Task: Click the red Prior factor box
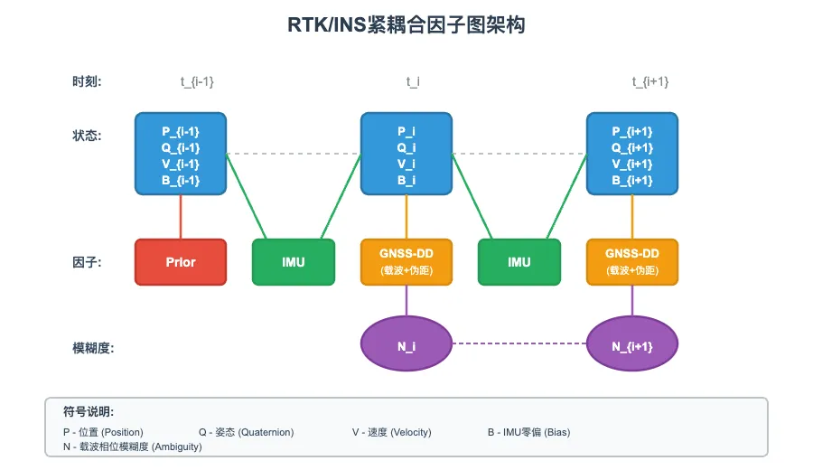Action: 181,262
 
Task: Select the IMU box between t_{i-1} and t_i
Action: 294,262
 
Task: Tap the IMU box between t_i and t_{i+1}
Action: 519,262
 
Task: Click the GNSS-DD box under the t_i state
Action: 406,262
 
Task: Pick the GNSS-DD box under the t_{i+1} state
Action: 632,262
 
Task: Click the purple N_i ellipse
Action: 406,344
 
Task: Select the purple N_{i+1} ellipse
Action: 632,344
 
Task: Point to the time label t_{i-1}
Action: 197,82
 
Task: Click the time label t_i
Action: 413,82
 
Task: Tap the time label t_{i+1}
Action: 650,82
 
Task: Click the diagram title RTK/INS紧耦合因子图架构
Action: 406,25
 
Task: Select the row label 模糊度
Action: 93,348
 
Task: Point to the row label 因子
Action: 87,263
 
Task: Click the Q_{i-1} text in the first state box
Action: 181,147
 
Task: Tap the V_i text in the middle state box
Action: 406,164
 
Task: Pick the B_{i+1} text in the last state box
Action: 632,180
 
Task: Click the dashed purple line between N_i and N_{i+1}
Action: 519,343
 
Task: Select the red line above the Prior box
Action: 181,217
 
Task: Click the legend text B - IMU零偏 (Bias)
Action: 528,432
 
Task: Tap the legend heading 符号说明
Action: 89,411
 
